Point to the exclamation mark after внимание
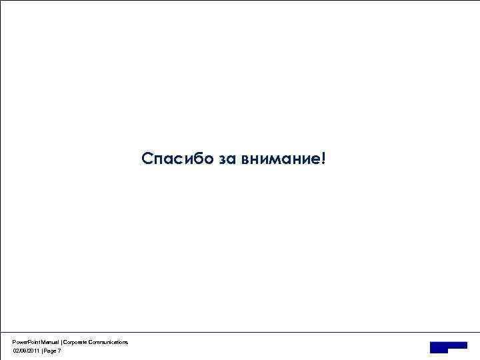[x=324, y=159]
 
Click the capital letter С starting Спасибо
[x=147, y=159]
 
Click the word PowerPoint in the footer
[x=25, y=342]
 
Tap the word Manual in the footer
[x=49, y=342]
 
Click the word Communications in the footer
[x=109, y=342]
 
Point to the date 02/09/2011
[x=26, y=351]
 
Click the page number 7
[x=59, y=351]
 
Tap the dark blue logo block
[x=448, y=346]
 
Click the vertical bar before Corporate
[x=61, y=342]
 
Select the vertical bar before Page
[x=42, y=351]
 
